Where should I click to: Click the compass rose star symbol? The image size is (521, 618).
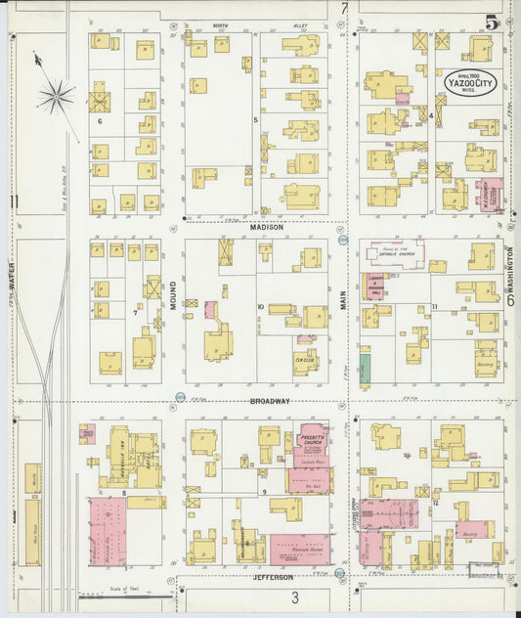click(57, 95)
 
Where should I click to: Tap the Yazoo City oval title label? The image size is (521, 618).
click(470, 82)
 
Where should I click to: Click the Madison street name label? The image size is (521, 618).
click(265, 228)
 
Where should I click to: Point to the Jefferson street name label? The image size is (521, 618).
click(274, 578)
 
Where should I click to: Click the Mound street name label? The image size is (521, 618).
click(173, 294)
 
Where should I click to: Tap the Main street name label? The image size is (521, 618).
click(344, 295)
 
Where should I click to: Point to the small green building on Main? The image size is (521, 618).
click(365, 369)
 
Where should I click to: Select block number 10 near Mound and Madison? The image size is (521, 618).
click(261, 307)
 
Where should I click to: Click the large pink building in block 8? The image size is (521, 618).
click(108, 531)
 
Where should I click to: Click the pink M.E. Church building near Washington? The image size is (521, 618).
click(490, 193)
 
